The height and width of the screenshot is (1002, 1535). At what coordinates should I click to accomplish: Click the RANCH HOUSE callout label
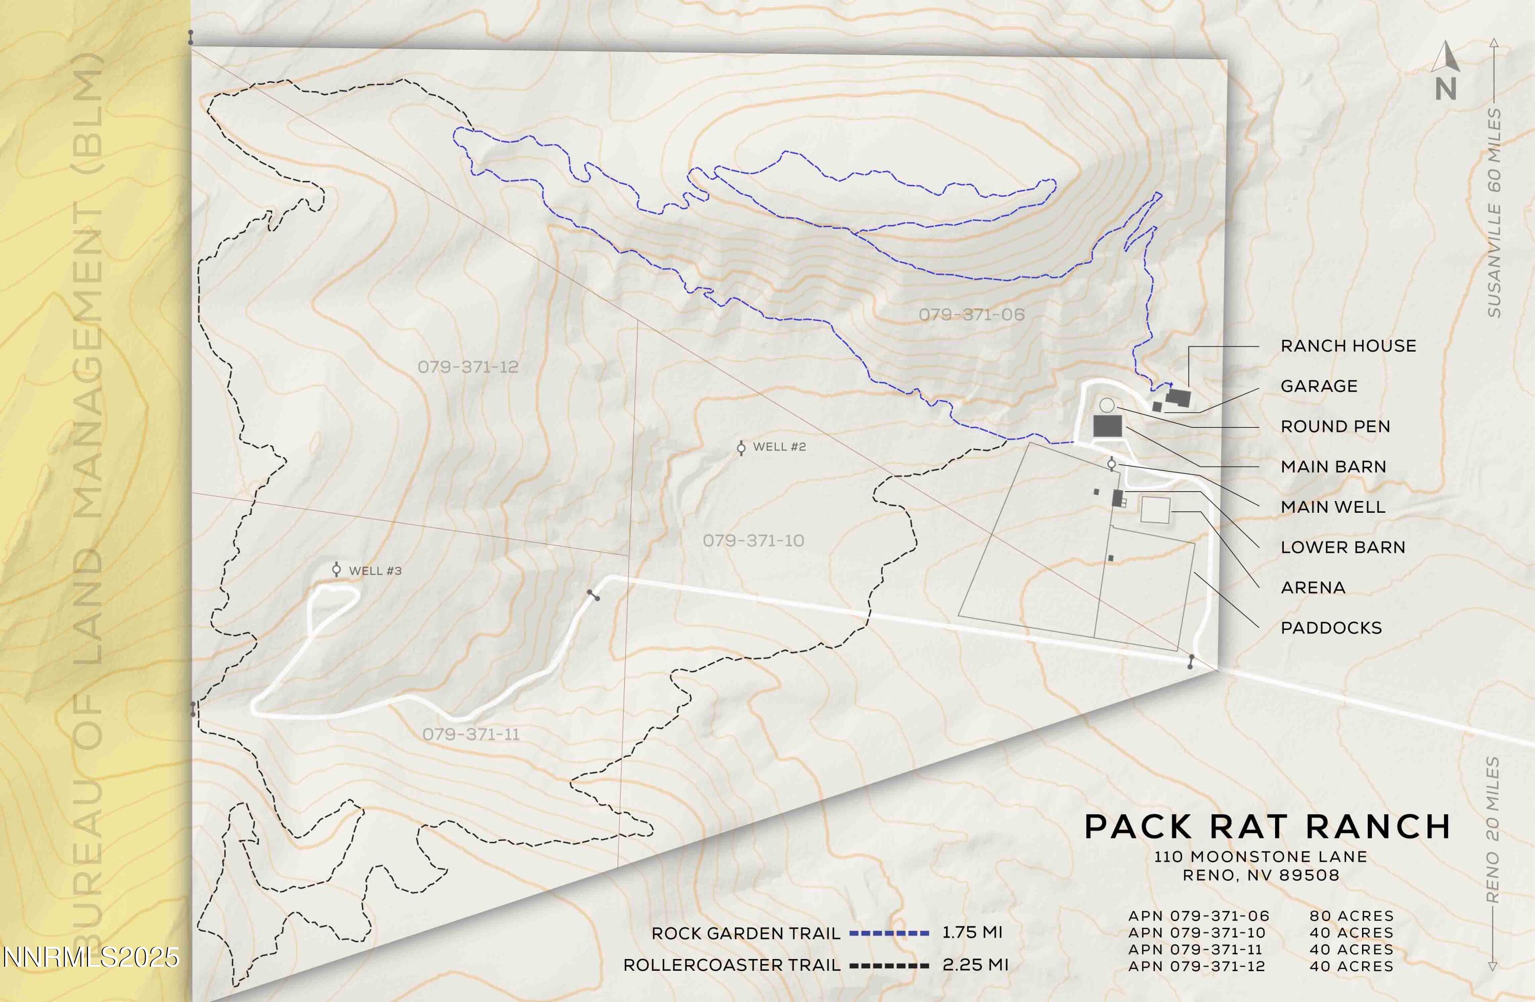(1348, 346)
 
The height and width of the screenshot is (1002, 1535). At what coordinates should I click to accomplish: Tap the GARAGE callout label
(1319, 386)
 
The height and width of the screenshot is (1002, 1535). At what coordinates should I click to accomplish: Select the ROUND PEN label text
(1335, 426)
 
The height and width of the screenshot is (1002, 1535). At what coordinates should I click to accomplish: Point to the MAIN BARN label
(1333, 467)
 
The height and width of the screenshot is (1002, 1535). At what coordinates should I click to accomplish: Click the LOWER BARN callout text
(1343, 547)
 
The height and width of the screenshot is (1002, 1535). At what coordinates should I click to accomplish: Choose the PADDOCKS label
(1331, 628)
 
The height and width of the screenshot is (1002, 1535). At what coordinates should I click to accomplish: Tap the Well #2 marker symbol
(741, 448)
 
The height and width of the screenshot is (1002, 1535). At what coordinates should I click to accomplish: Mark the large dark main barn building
(1107, 426)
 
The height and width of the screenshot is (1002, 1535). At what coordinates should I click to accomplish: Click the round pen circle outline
(1106, 405)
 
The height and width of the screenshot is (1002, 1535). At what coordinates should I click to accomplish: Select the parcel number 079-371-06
(971, 315)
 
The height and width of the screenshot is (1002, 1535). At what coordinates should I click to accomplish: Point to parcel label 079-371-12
(468, 367)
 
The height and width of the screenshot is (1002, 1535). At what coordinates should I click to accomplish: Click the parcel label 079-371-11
(471, 734)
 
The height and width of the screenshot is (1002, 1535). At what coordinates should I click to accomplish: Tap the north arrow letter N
(1445, 89)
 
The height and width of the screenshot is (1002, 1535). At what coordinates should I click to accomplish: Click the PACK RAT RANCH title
(1267, 826)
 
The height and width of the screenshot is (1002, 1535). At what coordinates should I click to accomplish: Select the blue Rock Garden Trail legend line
(889, 933)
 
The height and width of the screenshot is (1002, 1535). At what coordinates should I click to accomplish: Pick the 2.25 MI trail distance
(975, 965)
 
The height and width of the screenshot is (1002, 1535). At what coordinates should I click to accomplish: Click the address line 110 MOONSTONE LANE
(1260, 857)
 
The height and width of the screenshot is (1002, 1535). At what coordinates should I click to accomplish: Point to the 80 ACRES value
(1351, 916)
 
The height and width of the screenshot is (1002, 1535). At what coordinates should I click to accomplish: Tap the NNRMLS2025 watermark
(90, 957)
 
